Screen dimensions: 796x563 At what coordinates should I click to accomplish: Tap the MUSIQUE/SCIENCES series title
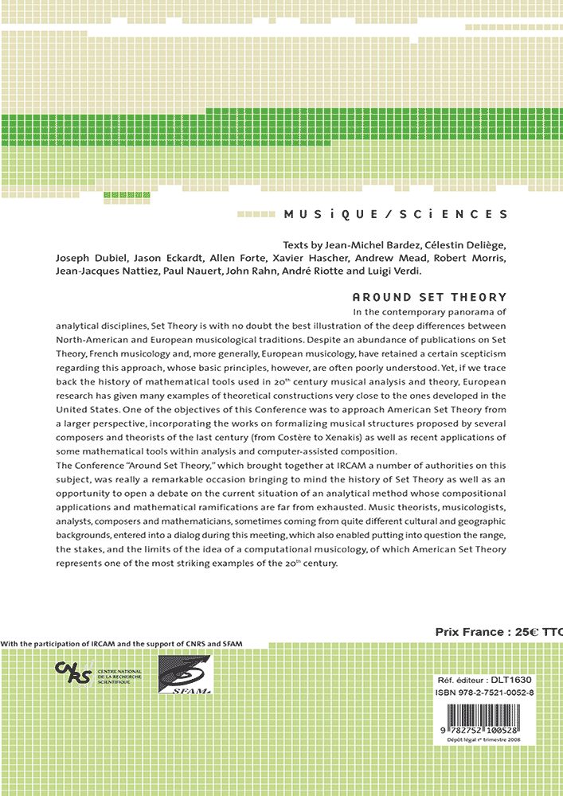pos(395,214)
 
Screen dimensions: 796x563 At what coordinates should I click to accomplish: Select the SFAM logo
pos(185,675)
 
